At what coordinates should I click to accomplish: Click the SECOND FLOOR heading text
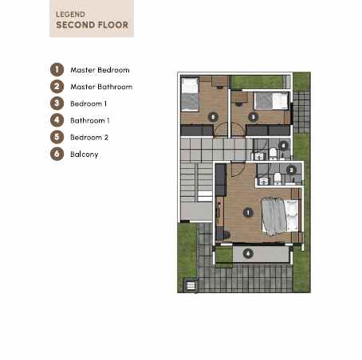click(x=91, y=25)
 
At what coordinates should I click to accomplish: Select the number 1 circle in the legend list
click(x=57, y=69)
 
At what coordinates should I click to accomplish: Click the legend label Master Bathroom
click(x=101, y=86)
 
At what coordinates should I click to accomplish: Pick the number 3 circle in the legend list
click(x=57, y=103)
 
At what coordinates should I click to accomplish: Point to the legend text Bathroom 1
click(x=89, y=119)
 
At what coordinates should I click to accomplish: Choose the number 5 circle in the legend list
click(x=57, y=136)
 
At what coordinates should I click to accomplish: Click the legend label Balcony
click(x=85, y=154)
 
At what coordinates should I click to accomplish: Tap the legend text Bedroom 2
click(x=89, y=136)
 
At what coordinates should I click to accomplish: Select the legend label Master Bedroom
click(x=100, y=69)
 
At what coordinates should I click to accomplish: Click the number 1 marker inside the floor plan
click(x=248, y=213)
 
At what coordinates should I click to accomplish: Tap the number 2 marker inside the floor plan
click(x=291, y=169)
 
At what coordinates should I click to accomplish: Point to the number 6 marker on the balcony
click(x=248, y=252)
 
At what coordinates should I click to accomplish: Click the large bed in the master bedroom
click(x=280, y=214)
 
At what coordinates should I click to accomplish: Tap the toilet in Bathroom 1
click(x=273, y=153)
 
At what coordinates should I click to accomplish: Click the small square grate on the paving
click(x=190, y=284)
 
